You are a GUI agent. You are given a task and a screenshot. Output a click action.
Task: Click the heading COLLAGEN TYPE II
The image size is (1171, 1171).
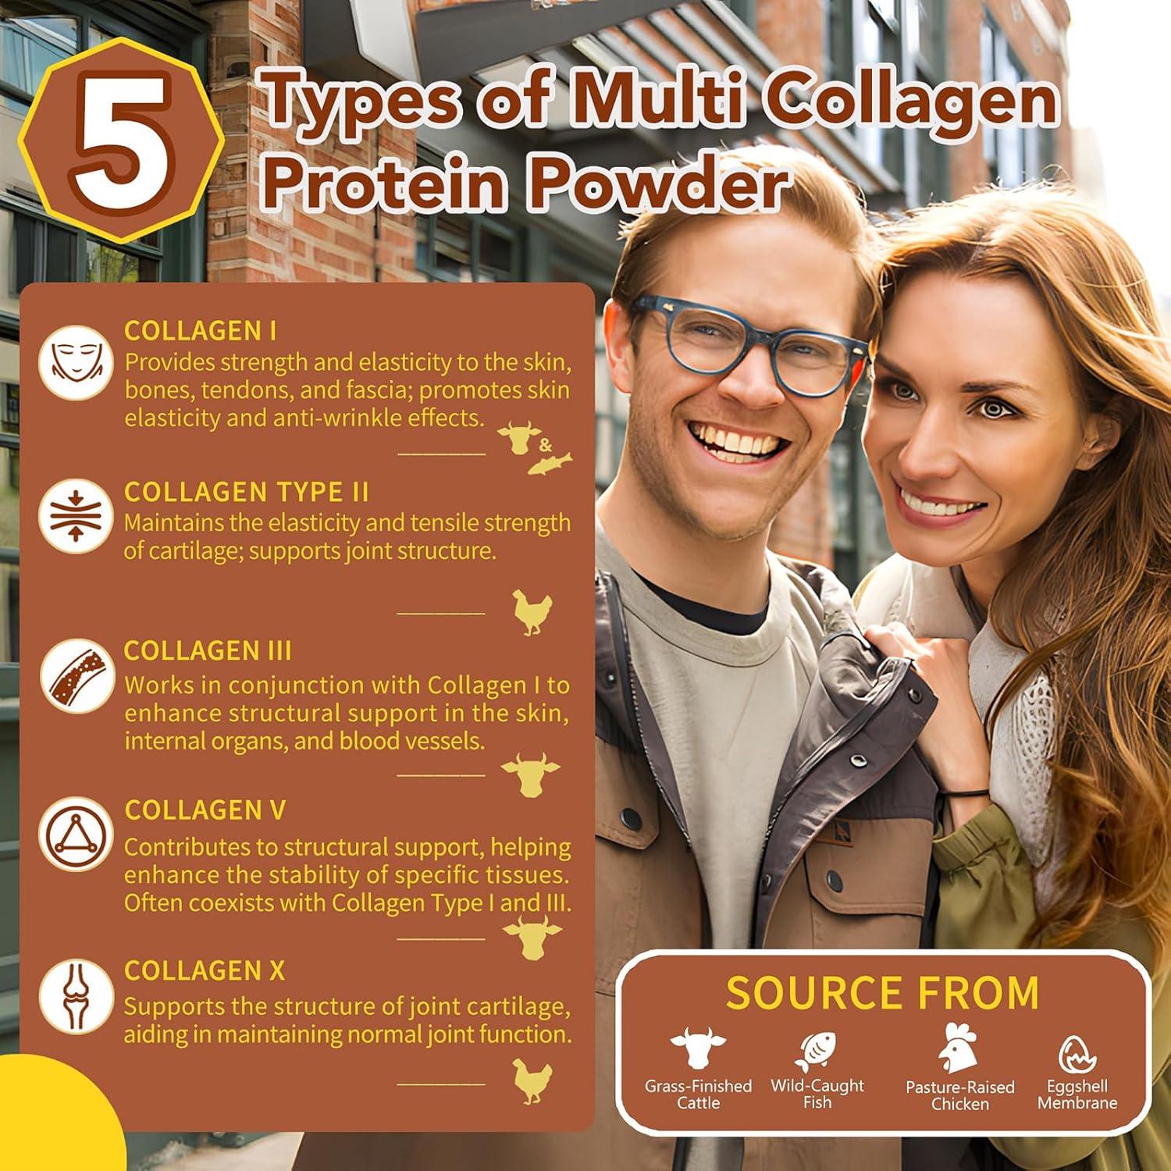(x=246, y=493)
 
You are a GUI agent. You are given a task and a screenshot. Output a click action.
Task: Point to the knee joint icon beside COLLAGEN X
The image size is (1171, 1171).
(x=75, y=996)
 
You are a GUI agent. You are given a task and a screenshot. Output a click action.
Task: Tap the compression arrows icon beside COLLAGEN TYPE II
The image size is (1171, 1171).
(x=75, y=516)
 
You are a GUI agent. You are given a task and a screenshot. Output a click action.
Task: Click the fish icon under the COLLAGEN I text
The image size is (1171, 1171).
(x=550, y=464)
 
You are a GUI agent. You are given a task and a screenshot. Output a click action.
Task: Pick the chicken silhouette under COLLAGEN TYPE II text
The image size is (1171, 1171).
(x=532, y=611)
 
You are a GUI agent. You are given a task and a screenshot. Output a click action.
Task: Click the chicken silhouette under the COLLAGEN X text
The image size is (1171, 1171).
(x=532, y=1082)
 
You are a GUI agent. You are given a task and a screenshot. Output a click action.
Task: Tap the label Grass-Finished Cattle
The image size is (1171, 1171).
(x=698, y=1094)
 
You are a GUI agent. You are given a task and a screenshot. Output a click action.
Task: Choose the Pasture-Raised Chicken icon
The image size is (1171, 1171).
(x=959, y=1048)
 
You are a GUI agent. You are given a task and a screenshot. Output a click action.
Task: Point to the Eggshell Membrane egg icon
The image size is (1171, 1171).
(x=1077, y=1054)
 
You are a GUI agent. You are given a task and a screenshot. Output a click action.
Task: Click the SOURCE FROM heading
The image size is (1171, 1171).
(x=882, y=993)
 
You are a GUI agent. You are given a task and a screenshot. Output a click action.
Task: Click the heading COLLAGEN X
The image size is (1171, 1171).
(x=205, y=971)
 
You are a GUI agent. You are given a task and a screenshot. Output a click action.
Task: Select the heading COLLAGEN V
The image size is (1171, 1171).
(x=205, y=810)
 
